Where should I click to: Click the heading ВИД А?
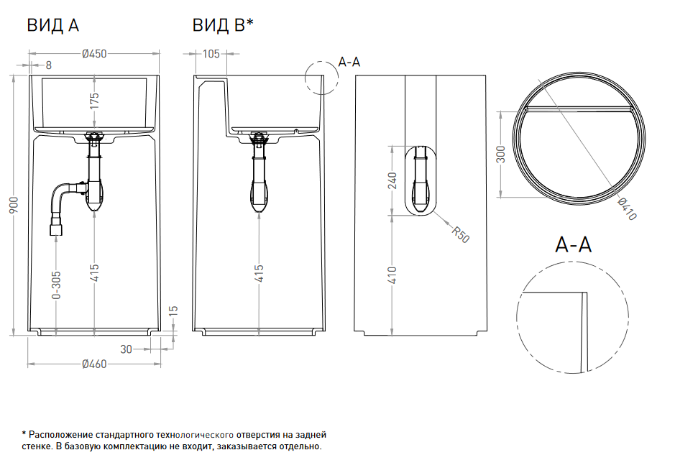pyautogui.click(x=53, y=26)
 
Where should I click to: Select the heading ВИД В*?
pyautogui.click(x=223, y=26)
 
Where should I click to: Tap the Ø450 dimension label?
pyautogui.click(x=94, y=54)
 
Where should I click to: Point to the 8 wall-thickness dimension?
pyautogui.click(x=49, y=65)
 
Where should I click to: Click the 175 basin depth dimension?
pyautogui.click(x=94, y=101)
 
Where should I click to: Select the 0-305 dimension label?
pyautogui.click(x=56, y=284)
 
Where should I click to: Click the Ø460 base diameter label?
pyautogui.click(x=94, y=364)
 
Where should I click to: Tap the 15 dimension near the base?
pyautogui.click(x=173, y=310)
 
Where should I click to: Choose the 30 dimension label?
pyautogui.click(x=126, y=349)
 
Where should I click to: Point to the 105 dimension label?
pyautogui.click(x=211, y=54)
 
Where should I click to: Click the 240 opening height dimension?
pyautogui.click(x=392, y=180)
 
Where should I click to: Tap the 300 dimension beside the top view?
pyautogui.click(x=502, y=155)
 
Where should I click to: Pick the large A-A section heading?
pyautogui.click(x=573, y=245)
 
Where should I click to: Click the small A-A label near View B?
pyautogui.click(x=349, y=63)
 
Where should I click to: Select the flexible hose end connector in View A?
pyautogui.click(x=55, y=231)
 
